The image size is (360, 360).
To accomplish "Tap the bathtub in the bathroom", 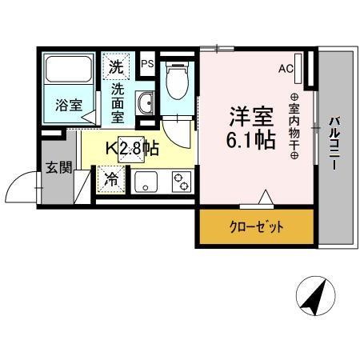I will [70, 72].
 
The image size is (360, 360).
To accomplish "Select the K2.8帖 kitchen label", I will [134, 149].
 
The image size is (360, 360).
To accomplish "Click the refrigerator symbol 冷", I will [112, 179].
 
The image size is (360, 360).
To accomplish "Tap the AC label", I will [284, 70].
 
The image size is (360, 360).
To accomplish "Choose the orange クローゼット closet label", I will [258, 227].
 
